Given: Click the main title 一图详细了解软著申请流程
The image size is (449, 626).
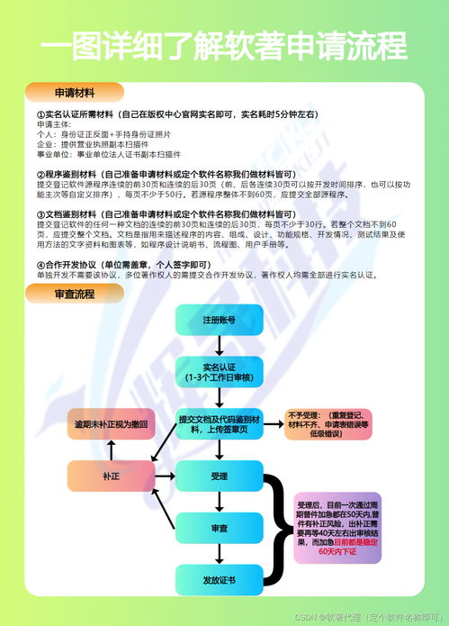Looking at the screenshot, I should click(224, 46).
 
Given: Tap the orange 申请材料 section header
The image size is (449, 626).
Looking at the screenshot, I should click(74, 92).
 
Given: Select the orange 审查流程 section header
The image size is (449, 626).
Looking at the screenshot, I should click(74, 294).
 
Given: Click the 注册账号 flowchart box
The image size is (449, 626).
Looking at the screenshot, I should click(219, 320).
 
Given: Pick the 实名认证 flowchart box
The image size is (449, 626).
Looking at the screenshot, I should click(219, 371).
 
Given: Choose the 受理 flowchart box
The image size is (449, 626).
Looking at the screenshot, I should click(219, 475).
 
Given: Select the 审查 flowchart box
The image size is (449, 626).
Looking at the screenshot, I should click(219, 527).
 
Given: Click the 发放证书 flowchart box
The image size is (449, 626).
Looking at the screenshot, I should click(219, 579).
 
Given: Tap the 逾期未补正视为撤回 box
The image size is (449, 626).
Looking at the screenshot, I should click(110, 423).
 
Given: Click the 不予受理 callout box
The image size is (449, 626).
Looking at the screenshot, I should click(328, 423).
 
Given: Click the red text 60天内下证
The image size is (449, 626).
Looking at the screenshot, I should click(337, 551).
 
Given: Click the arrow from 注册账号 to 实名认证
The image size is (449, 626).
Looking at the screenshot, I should click(219, 345).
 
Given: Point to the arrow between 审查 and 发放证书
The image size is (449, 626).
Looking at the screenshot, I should click(219, 553).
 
